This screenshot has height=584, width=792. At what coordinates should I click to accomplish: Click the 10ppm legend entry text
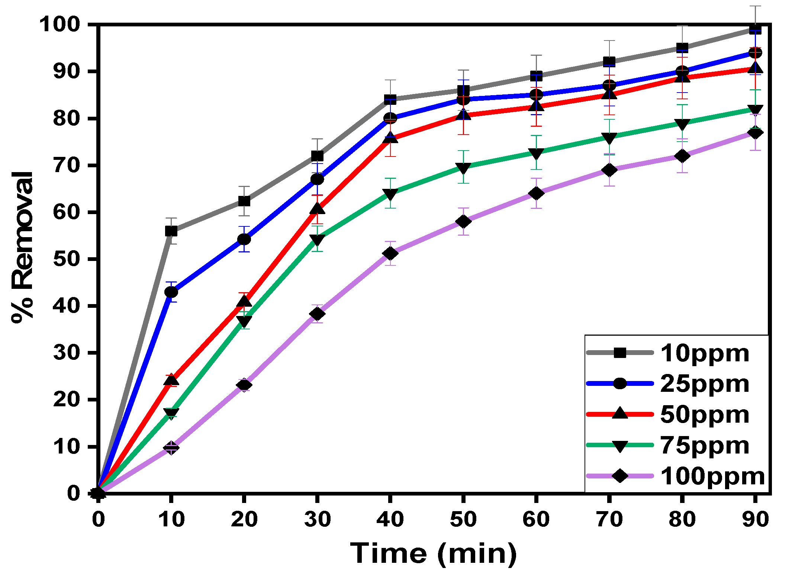tap(704, 353)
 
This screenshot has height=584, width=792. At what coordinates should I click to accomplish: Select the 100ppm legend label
tap(712, 476)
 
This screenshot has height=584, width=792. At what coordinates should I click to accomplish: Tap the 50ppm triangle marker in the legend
tap(620, 413)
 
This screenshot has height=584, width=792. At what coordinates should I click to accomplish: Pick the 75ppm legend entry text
tap(704, 445)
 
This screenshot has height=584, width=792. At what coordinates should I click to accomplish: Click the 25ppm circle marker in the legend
tap(620, 383)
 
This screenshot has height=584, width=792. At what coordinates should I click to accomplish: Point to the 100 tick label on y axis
tap(59, 25)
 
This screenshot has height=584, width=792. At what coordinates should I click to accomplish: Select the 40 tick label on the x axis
tap(390, 519)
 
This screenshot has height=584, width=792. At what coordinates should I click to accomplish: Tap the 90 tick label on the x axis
tap(755, 519)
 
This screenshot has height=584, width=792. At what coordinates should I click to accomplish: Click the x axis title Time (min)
tap(433, 554)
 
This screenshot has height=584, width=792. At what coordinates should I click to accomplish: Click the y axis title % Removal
tap(22, 247)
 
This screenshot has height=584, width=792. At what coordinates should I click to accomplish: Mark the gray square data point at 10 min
tap(171, 231)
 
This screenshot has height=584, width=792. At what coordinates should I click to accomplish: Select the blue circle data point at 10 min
tap(171, 292)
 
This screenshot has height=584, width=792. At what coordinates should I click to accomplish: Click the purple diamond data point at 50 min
tap(463, 222)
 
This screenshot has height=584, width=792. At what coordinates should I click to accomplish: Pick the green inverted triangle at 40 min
tap(390, 194)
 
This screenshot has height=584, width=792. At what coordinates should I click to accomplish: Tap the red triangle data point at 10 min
tap(171, 380)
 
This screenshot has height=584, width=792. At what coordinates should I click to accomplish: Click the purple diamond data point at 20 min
tap(244, 385)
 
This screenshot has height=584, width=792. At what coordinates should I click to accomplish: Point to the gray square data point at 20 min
tap(244, 201)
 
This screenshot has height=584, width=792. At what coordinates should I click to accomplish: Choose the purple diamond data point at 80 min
tap(682, 156)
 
